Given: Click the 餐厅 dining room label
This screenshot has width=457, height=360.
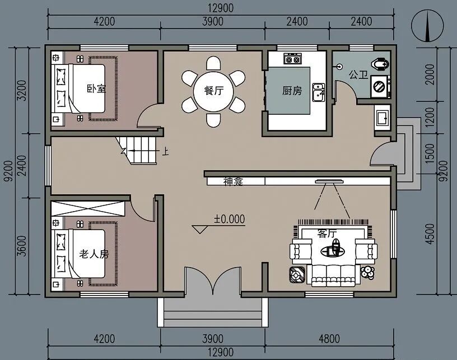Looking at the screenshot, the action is click(x=213, y=90).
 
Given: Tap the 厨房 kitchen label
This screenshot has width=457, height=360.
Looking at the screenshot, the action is click(x=292, y=91).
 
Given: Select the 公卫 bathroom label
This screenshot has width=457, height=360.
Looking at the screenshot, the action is click(x=358, y=74).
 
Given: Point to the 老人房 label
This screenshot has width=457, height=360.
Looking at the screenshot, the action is click(x=94, y=254).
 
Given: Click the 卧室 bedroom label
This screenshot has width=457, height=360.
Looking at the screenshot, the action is click(x=96, y=88).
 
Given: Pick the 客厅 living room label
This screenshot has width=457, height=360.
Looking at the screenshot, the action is click(x=327, y=233).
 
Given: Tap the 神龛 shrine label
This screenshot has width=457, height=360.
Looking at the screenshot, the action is click(x=233, y=181).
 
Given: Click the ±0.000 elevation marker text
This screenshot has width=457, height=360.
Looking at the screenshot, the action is click(x=230, y=219).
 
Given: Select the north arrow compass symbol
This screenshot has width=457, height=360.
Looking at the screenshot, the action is click(x=427, y=26).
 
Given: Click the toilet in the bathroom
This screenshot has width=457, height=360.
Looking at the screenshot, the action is click(x=381, y=63).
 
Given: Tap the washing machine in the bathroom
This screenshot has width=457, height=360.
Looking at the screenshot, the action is click(x=380, y=86).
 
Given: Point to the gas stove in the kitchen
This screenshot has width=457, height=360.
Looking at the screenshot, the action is click(x=292, y=59).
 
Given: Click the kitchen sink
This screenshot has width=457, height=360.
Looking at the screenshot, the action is click(x=319, y=92).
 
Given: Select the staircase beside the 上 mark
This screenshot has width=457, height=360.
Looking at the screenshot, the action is click(x=137, y=150).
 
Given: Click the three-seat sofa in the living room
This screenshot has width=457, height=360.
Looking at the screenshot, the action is click(x=333, y=275).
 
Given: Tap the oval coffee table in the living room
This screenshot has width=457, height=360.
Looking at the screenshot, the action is click(x=332, y=250).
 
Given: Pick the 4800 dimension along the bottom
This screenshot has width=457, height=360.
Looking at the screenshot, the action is click(x=329, y=339).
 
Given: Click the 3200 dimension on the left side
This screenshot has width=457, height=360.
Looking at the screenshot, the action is click(x=22, y=91).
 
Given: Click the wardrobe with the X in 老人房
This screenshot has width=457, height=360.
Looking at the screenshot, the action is click(x=88, y=208).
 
